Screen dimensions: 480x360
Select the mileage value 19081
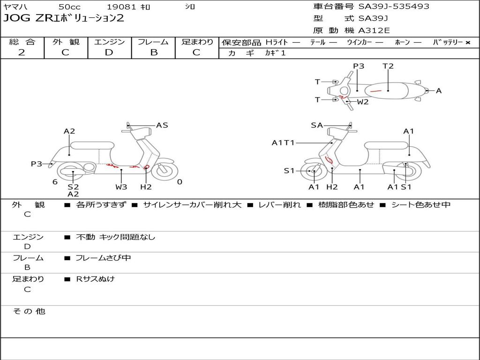point(121,7)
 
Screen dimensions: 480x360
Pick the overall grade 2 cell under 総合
point(22,52)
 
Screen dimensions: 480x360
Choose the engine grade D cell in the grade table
point(109,52)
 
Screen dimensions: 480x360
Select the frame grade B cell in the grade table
point(154,52)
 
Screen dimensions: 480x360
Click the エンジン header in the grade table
point(109,42)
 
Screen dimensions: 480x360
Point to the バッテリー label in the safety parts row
point(448,42)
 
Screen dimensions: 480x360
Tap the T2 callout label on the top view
point(388,66)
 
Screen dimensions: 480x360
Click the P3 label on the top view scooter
point(359,66)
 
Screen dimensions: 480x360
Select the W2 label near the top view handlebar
point(363,102)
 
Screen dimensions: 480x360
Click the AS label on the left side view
point(162,125)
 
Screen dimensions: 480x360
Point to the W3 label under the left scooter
point(121,187)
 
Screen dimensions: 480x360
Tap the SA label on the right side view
point(317,125)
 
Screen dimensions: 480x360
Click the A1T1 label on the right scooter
point(283,142)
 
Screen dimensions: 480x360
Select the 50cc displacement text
point(69,7)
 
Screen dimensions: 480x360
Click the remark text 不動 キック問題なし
point(115,237)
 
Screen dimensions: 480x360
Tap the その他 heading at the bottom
point(29,311)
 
